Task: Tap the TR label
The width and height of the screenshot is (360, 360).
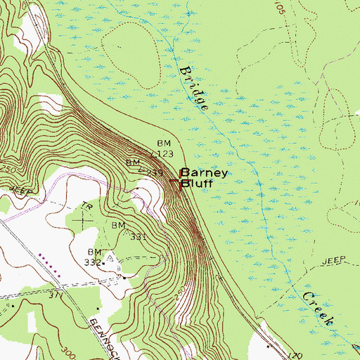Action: [x=88, y=207]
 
